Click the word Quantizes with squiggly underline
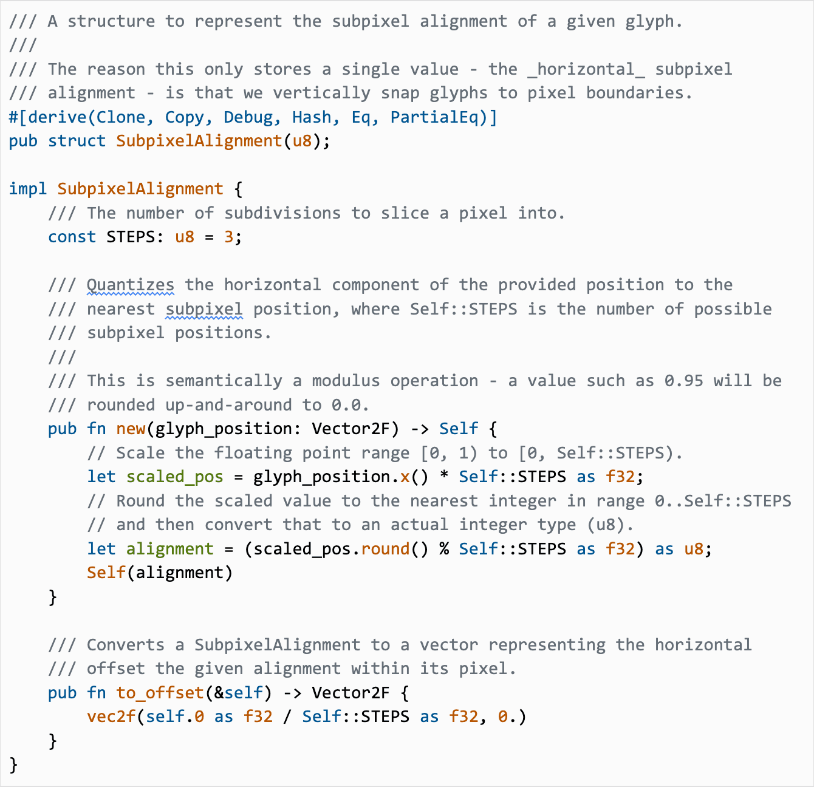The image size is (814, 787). coord(130,285)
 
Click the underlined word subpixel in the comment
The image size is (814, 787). coord(204,309)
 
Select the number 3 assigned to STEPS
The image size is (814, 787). coord(228,237)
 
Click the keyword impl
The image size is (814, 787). coord(28,189)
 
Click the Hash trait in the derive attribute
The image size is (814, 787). coord(312,117)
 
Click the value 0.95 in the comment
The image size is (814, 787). coord(683,381)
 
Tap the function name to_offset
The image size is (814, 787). coord(160,693)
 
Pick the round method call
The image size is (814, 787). coord(385,549)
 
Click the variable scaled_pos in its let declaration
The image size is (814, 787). coord(174,477)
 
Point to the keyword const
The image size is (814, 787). coord(72,237)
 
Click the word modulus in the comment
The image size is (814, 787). coord(346,381)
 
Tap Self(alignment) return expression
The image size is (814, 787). coord(160,573)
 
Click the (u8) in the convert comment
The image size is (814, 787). coord(609,525)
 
